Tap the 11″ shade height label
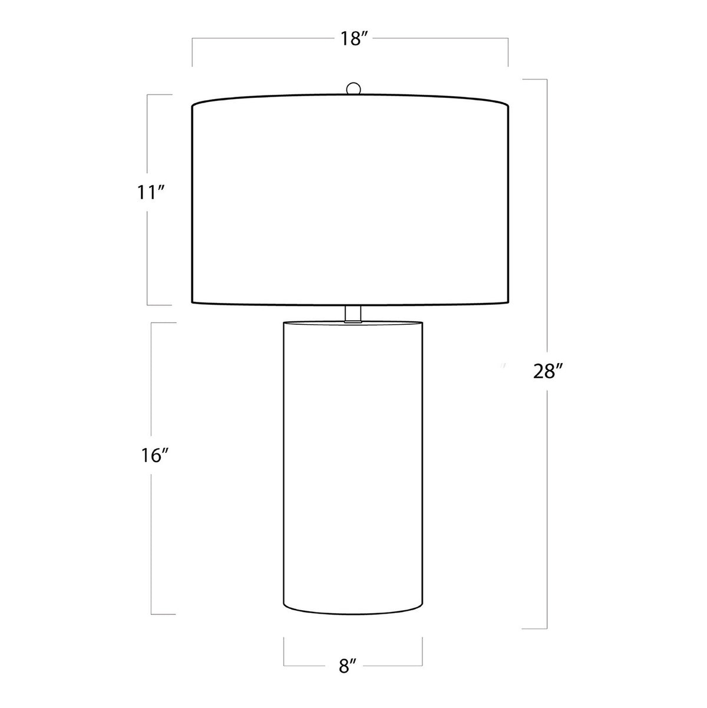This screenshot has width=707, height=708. tap(151, 193)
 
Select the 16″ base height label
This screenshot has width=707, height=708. tap(154, 456)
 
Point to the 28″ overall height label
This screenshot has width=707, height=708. tap(547, 371)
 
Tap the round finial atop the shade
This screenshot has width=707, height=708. tap(353, 88)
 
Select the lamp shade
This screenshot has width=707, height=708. tap(351, 199)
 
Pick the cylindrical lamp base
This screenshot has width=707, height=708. tap(353, 466)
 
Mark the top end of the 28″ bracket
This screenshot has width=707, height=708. tap(547, 80)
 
